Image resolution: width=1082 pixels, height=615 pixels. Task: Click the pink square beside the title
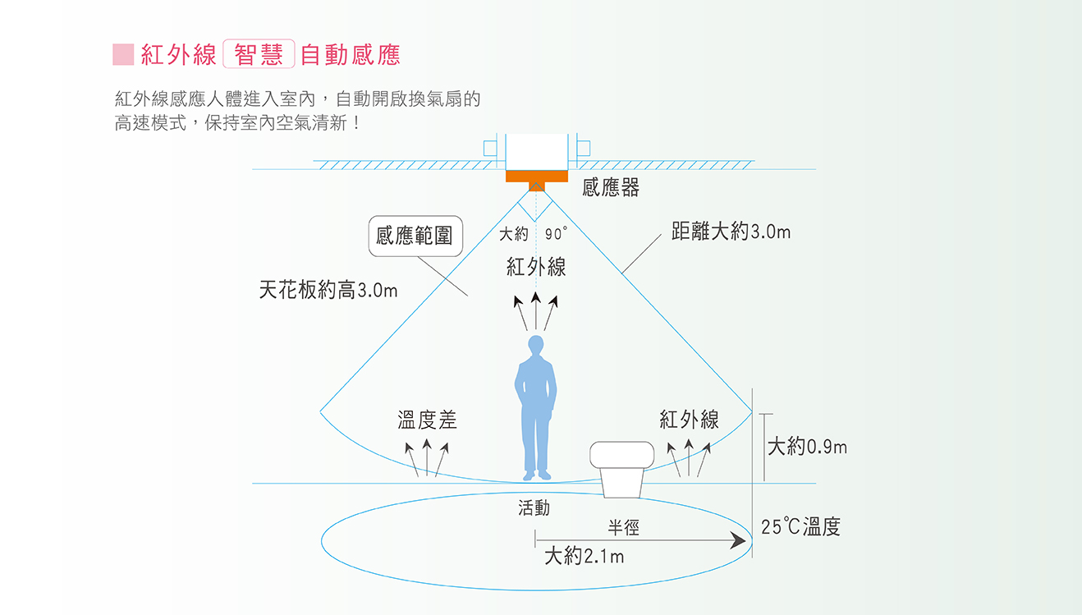123,54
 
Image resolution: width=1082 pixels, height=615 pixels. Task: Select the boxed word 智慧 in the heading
258,54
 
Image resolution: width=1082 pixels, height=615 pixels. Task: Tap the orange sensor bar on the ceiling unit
537,176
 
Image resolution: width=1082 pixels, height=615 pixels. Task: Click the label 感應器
610,188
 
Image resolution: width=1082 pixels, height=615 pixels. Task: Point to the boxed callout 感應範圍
415,236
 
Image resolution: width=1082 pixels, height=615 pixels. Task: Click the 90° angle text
556,235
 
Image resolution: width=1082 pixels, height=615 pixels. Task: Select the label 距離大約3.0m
731,232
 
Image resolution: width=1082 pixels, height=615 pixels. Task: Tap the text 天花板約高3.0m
328,291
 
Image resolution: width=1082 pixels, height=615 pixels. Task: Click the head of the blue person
536,345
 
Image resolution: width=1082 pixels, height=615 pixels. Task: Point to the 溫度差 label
427,420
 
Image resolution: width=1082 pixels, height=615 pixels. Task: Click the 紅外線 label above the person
536,267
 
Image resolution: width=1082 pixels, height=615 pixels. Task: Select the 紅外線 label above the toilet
689,420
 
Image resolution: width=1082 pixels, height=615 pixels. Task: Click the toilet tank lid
622,454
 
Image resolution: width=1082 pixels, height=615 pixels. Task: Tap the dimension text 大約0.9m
806,447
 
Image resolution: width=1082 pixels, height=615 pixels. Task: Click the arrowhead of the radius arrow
740,540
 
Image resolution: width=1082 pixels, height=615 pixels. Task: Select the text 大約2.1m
584,557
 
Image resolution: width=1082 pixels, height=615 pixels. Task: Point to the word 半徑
623,528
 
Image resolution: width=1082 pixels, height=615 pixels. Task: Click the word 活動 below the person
534,508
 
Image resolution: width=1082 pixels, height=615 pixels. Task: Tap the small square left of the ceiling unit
490,148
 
